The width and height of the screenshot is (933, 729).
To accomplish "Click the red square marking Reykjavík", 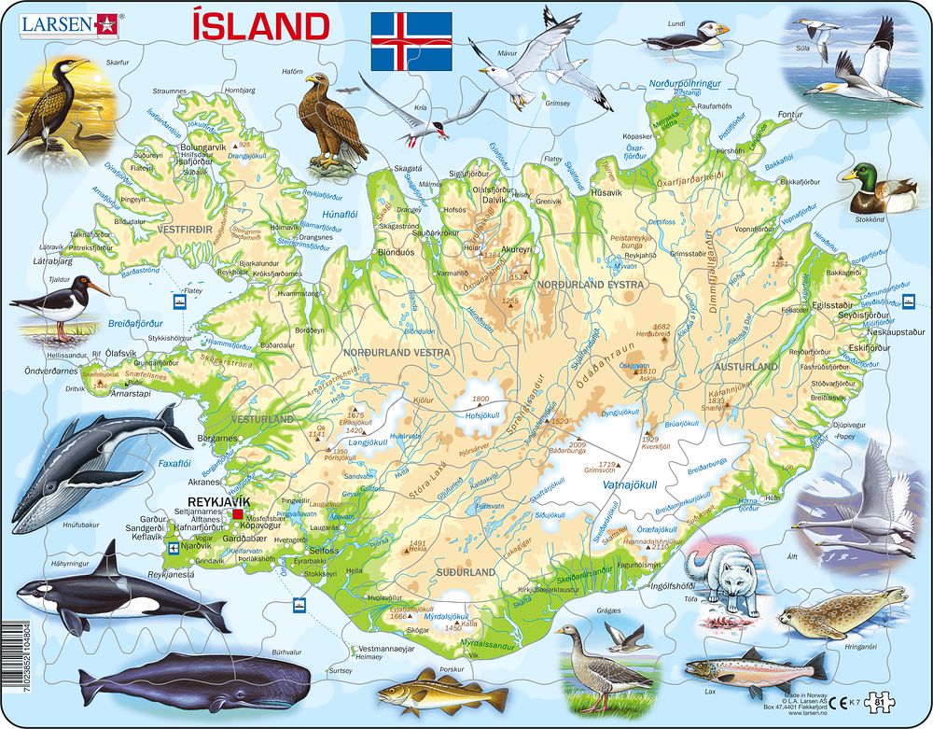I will (238, 513).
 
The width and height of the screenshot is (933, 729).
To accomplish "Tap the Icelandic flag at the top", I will (411, 40).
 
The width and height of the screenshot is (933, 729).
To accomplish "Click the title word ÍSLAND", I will (261, 27).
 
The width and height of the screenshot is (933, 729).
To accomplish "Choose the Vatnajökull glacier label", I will (663, 484).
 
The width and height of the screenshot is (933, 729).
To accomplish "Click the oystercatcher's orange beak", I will (97, 287).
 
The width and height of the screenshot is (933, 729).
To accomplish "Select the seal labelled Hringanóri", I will (841, 612).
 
